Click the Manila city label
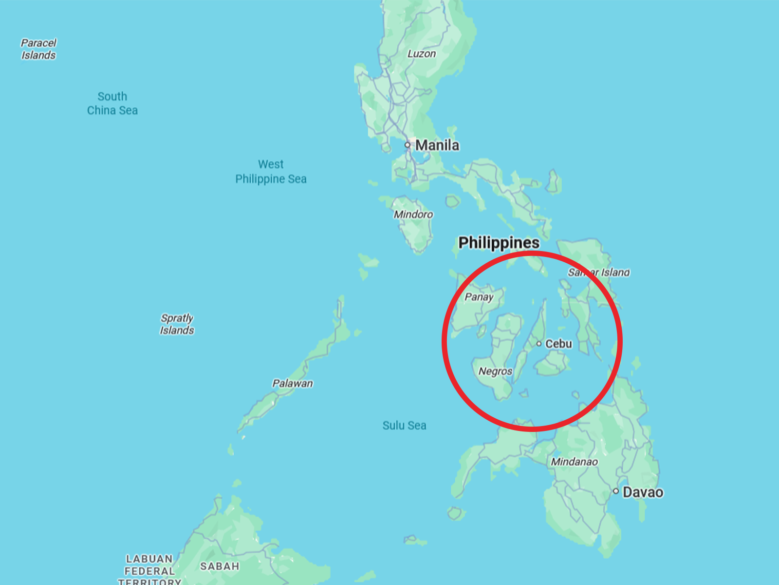click(x=437, y=145)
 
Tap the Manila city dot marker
click(x=408, y=145)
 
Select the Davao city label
click(x=643, y=492)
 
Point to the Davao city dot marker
click(x=616, y=491)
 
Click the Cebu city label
click(x=558, y=344)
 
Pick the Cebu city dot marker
click(x=539, y=344)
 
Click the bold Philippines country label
click(x=499, y=243)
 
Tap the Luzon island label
click(x=422, y=54)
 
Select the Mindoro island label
click(x=413, y=214)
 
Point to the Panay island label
click(x=479, y=297)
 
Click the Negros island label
click(x=495, y=371)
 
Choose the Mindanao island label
click(x=574, y=462)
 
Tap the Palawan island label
click(x=292, y=383)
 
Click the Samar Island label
click(x=599, y=273)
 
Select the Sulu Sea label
click(x=404, y=426)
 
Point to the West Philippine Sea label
click(x=271, y=172)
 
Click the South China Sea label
click(x=112, y=103)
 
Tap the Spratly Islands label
click(x=177, y=324)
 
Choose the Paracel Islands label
click(x=38, y=49)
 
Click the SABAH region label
click(x=220, y=566)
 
